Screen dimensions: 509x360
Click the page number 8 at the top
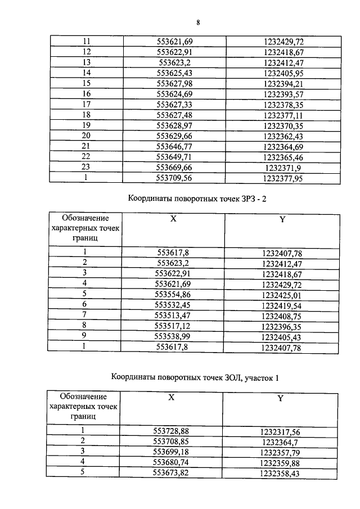click(198, 22)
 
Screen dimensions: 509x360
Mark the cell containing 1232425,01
click(282, 293)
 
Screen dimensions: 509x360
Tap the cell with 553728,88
click(172, 431)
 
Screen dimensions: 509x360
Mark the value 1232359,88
click(280, 463)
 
